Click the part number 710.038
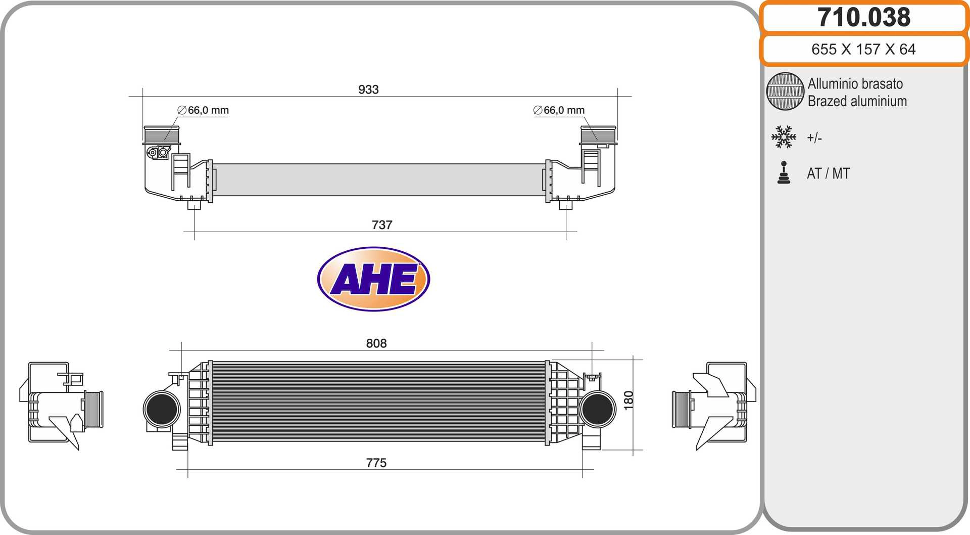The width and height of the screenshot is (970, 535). [x=864, y=17]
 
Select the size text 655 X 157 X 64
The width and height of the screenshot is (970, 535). [x=863, y=49]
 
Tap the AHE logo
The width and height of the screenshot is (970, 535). [x=373, y=279]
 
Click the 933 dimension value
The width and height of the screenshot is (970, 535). [x=368, y=90]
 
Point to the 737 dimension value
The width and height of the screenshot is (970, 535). [x=382, y=225]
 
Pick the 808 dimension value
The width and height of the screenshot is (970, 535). [x=376, y=343]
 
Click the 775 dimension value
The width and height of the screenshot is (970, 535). [x=376, y=463]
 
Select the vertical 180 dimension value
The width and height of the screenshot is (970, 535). [x=628, y=400]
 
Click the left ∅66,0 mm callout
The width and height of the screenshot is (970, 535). [x=203, y=110]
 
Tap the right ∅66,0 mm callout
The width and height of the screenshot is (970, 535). [x=559, y=110]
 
